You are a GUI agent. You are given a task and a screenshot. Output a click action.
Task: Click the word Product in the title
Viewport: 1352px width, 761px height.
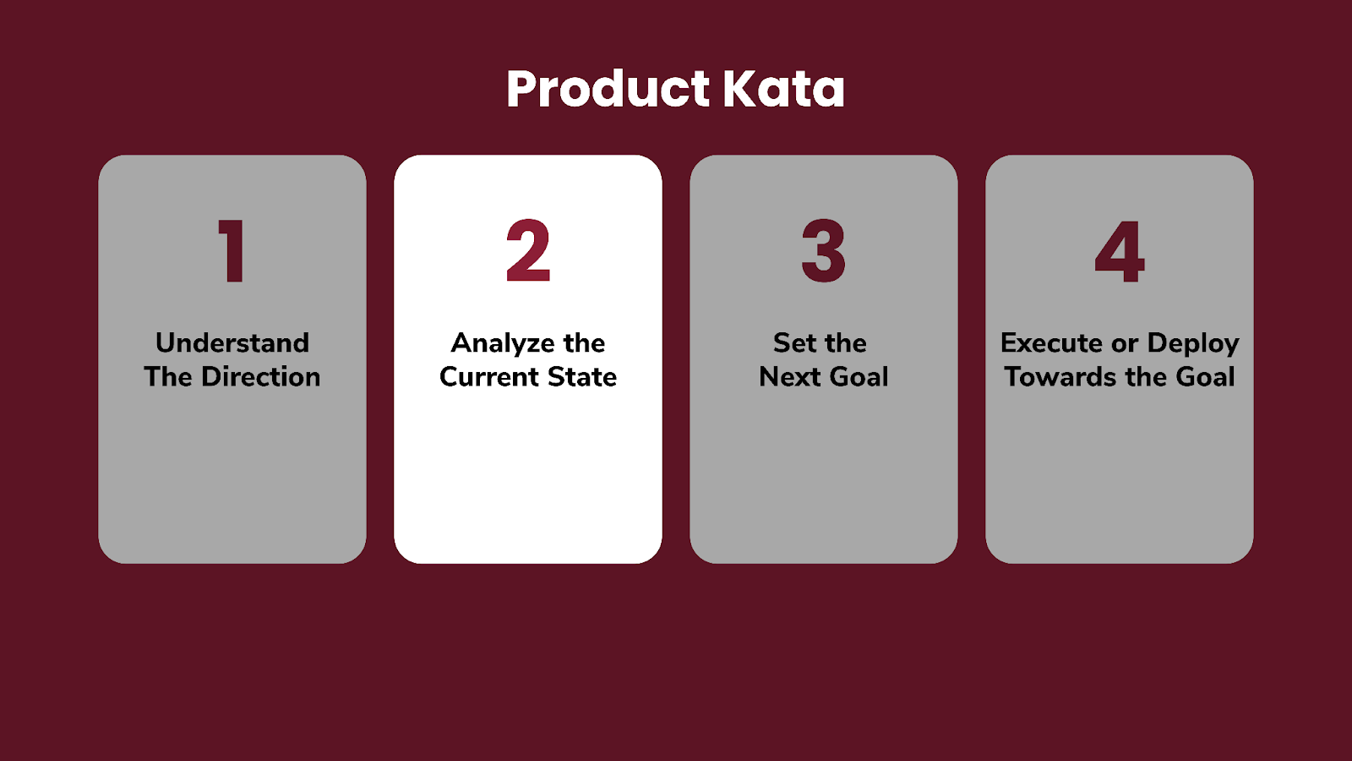coord(608,90)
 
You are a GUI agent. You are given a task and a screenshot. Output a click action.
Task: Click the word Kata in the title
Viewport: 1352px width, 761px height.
coord(784,90)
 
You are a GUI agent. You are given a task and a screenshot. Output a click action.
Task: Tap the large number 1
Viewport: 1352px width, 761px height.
coord(232,250)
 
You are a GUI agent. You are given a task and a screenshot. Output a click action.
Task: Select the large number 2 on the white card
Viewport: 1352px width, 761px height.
coord(528,250)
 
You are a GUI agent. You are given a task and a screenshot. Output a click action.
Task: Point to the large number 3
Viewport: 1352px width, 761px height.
coord(823,250)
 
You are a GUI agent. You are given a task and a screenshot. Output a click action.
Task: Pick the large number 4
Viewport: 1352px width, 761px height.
coord(1120,251)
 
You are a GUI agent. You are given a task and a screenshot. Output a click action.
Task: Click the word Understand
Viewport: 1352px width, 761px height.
coord(232,343)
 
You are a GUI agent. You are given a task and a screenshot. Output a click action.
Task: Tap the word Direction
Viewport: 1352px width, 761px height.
coord(261,377)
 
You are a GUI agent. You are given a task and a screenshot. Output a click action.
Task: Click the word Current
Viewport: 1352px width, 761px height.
coord(489,377)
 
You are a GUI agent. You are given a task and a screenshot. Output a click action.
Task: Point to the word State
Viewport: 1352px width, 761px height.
coord(582,377)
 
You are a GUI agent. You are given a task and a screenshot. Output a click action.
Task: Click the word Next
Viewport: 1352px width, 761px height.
coord(790,377)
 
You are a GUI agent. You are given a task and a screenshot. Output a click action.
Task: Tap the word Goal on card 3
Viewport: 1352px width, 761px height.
coord(859,377)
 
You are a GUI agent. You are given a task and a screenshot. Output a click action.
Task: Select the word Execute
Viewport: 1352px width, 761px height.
coord(1051,343)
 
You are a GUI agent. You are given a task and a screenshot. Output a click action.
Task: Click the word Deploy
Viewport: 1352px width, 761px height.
coord(1193,344)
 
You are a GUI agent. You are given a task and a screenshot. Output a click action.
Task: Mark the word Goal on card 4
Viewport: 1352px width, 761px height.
coord(1205,377)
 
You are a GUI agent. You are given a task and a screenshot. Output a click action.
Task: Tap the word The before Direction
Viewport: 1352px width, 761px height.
coord(168,377)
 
